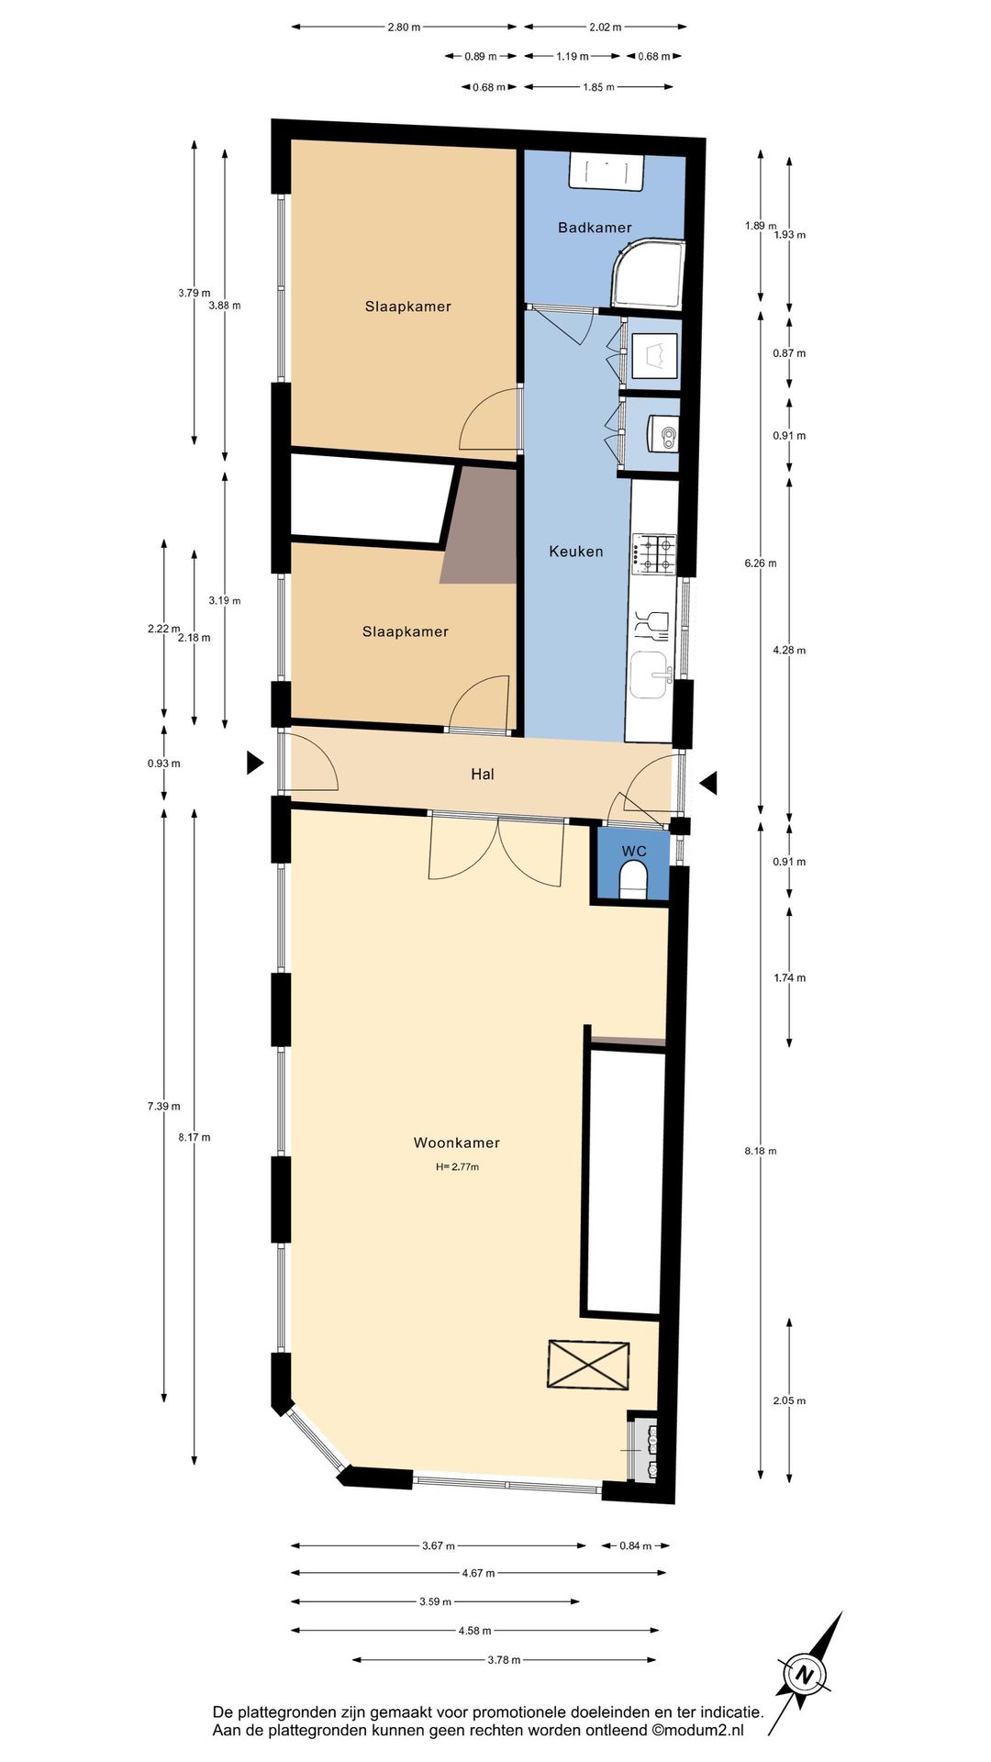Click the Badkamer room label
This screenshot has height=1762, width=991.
click(x=595, y=228)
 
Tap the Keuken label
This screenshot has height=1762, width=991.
click(x=576, y=552)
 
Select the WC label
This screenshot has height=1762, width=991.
click(x=634, y=852)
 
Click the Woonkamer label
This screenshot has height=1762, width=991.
click(x=457, y=1143)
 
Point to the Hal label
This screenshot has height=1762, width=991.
click(x=483, y=775)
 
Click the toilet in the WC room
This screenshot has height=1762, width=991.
click(x=634, y=884)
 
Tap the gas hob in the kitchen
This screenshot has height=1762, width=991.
click(x=653, y=554)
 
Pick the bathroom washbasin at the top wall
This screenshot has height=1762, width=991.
click(x=607, y=173)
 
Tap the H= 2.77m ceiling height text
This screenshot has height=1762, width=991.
click(x=457, y=1167)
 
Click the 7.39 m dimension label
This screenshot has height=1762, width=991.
click(x=163, y=1107)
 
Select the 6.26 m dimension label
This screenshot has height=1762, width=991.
click(x=760, y=563)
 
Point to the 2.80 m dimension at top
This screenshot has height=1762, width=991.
click(x=404, y=28)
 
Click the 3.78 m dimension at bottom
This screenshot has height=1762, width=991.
click(x=504, y=1660)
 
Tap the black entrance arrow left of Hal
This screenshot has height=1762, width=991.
click(x=255, y=763)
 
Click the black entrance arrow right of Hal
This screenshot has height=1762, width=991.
click(x=708, y=783)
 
